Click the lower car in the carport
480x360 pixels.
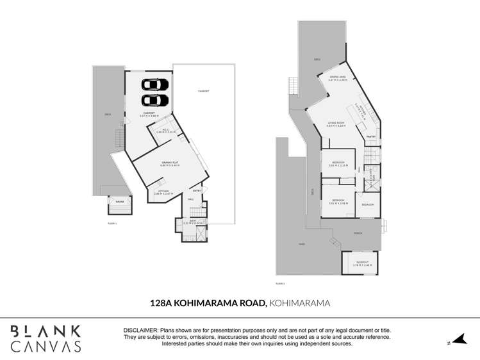[x=154, y=100]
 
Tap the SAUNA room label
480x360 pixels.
[x=119, y=200]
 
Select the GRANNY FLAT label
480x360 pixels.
[x=170, y=163]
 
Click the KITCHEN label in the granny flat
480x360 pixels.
[x=161, y=191]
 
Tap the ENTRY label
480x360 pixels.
[x=197, y=190]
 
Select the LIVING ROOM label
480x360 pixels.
[x=336, y=123]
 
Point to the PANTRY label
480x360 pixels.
[x=370, y=136]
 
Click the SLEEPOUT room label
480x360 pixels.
[x=358, y=262]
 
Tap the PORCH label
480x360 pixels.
[x=358, y=233]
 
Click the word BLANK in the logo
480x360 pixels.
[x=46, y=331]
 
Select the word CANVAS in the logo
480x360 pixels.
[x=46, y=347]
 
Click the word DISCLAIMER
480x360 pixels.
[x=141, y=329]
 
